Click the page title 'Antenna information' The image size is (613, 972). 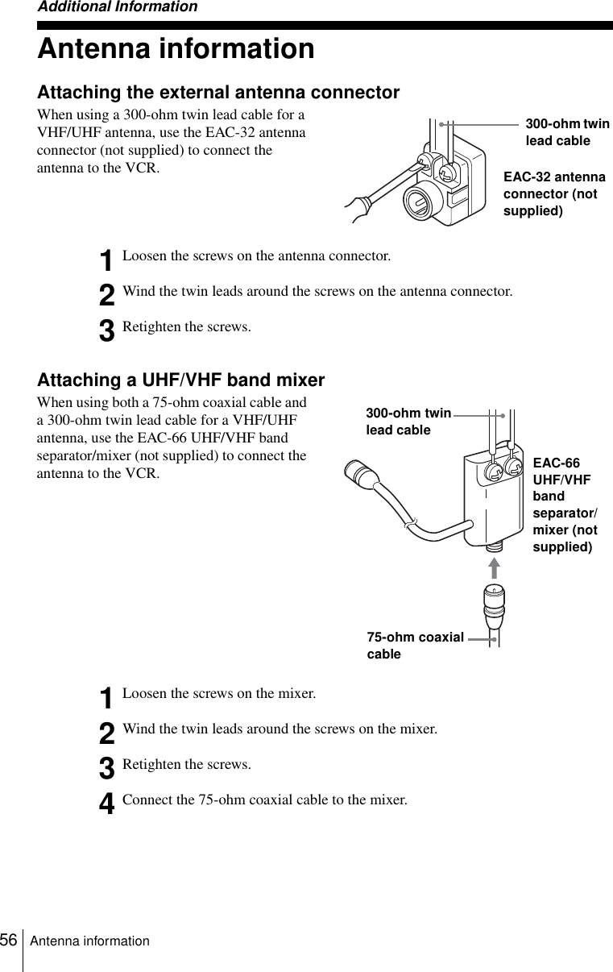pyautogui.click(x=176, y=49)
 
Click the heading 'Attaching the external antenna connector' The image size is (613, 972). pyautogui.click(x=218, y=93)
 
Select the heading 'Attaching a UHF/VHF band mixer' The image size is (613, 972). pyautogui.click(x=181, y=380)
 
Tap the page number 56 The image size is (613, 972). pyautogui.click(x=10, y=940)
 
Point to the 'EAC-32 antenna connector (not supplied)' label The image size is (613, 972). pyautogui.click(x=554, y=194)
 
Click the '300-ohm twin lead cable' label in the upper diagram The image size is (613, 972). pyautogui.click(x=566, y=132)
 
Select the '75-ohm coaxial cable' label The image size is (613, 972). pyautogui.click(x=415, y=646)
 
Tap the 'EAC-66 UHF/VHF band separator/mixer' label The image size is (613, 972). pyautogui.click(x=564, y=505)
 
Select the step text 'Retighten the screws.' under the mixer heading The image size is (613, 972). pyautogui.click(x=186, y=764)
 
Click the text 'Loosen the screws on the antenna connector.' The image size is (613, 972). pyautogui.click(x=256, y=256)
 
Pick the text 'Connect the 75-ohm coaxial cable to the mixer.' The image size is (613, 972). pyautogui.click(x=264, y=800)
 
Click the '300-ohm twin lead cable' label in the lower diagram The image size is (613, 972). pyautogui.click(x=408, y=422)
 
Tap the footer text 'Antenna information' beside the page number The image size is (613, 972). pyautogui.click(x=90, y=941)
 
